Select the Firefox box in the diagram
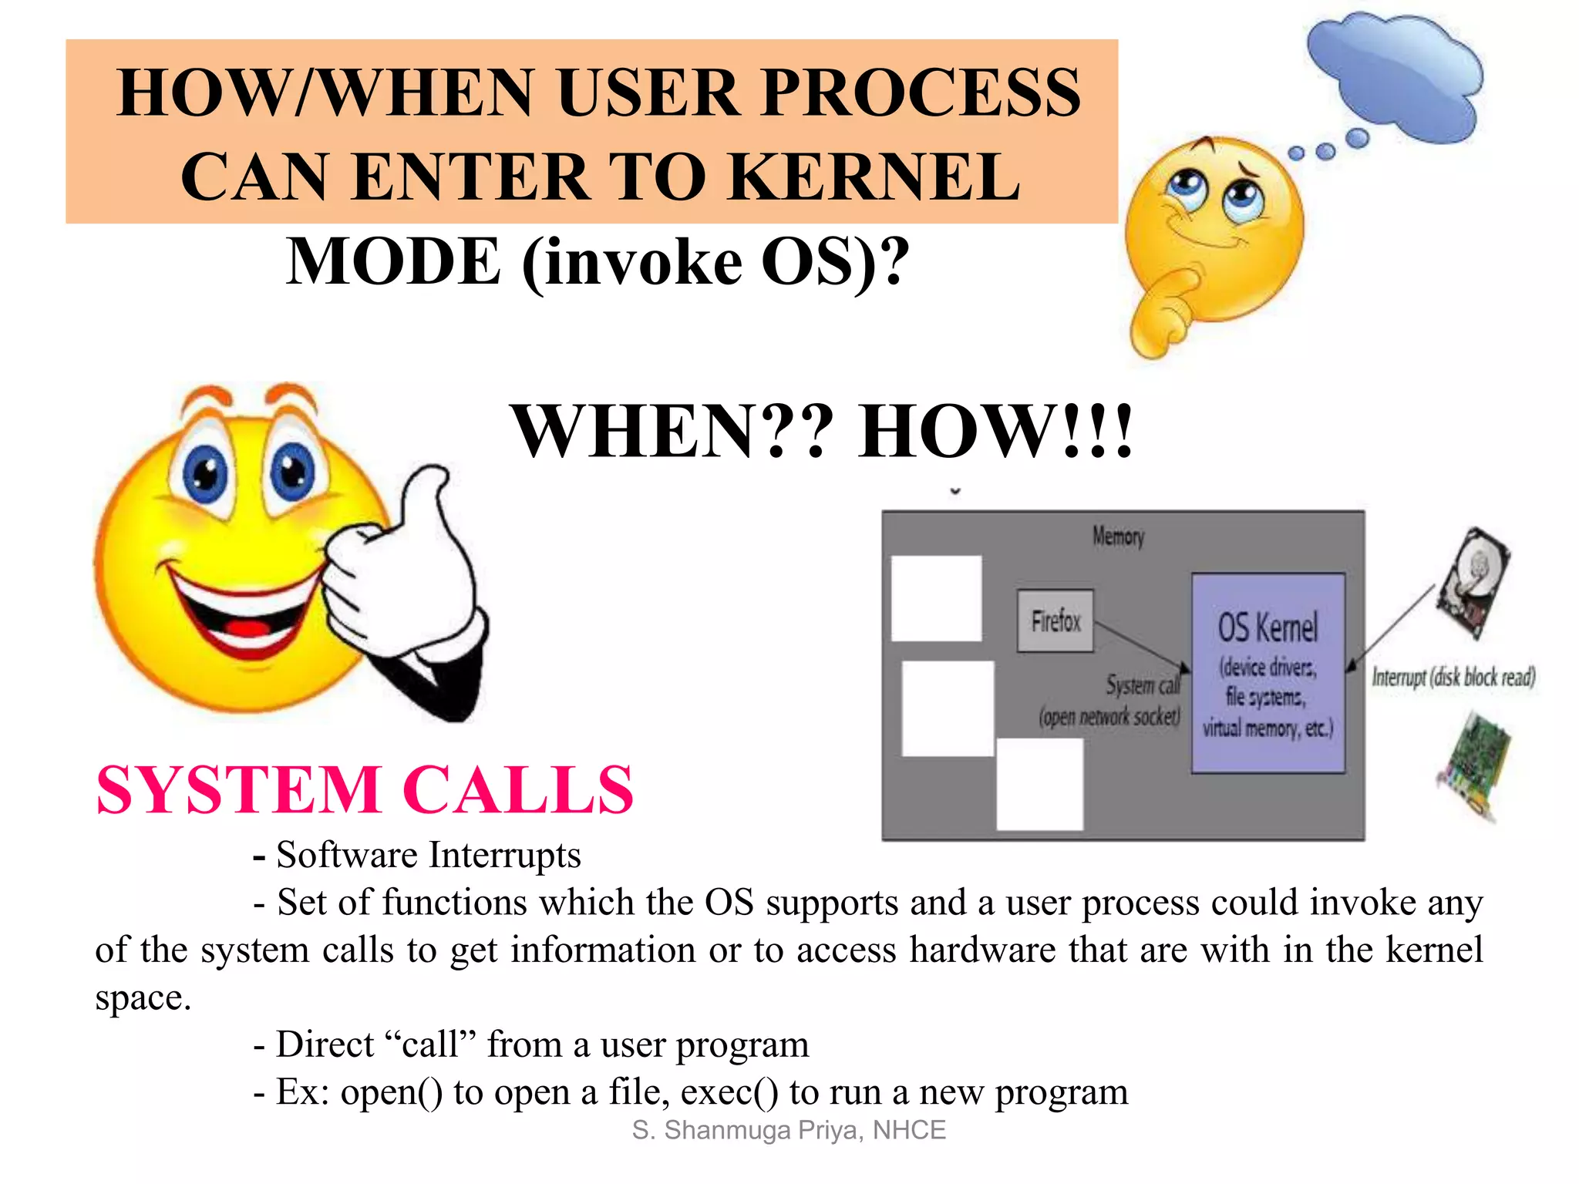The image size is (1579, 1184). coord(1055,621)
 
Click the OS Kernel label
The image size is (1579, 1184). coord(1268,627)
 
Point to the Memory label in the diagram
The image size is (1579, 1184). coord(1118,536)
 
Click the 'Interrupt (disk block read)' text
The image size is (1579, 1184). coord(1453,677)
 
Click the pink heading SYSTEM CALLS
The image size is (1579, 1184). coord(364,790)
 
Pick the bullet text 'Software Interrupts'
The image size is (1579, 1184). coord(428,855)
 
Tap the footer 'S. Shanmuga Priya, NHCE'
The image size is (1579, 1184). coord(789,1130)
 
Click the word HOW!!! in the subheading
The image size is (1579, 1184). coord(995,432)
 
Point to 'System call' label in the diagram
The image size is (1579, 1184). coord(1143,684)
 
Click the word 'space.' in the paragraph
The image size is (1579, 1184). coord(143,997)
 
